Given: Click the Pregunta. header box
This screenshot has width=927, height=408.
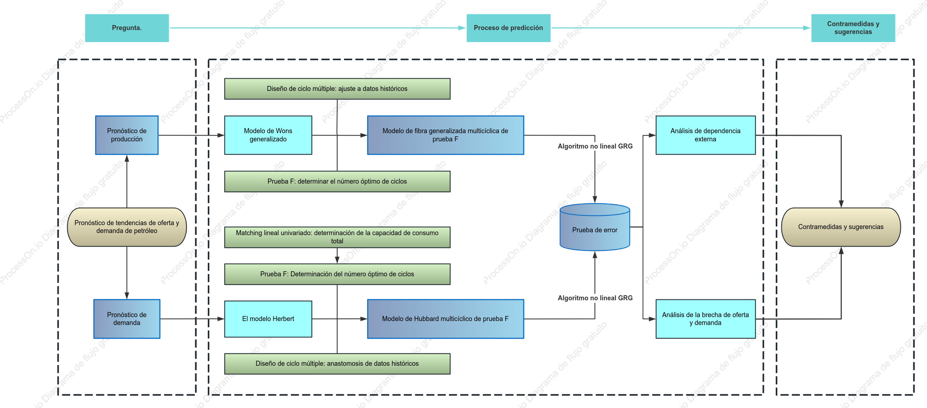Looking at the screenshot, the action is tap(127, 28).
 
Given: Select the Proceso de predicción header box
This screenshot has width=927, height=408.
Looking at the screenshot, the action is tap(508, 28).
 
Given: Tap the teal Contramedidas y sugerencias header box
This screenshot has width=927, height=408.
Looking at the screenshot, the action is tap(853, 28).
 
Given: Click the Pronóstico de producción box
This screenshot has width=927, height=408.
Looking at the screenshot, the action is tap(127, 135).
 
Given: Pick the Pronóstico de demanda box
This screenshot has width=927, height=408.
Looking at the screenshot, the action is tap(127, 319).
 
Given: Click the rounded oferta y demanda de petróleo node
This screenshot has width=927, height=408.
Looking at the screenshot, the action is tap(127, 227).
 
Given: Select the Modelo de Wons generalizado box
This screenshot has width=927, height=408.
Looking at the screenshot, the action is tap(268, 135).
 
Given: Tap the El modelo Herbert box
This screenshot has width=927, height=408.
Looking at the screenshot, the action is tap(268, 319).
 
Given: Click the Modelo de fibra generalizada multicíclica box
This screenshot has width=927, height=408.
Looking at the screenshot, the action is tap(445, 135).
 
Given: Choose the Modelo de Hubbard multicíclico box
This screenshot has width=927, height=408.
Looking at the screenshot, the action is tap(445, 319).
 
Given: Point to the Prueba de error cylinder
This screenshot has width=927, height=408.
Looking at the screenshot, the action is tap(594, 227).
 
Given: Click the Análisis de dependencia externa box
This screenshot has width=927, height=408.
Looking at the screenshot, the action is tap(705, 135).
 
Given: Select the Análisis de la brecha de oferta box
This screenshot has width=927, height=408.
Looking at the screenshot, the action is tap(705, 319).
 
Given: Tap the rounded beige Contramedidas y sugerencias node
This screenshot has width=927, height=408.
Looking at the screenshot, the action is tap(841, 227).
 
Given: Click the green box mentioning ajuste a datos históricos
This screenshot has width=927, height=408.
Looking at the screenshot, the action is tap(337, 89).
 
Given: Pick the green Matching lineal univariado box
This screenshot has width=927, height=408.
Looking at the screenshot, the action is tap(337, 237).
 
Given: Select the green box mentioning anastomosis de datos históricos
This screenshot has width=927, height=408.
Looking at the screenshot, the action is tap(337, 363).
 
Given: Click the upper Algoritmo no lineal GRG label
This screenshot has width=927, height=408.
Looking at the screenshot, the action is tap(595, 146).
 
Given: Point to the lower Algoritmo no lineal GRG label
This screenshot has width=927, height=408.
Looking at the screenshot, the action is tap(595, 298).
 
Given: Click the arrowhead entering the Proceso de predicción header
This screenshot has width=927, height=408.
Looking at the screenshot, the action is tap(462, 28).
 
